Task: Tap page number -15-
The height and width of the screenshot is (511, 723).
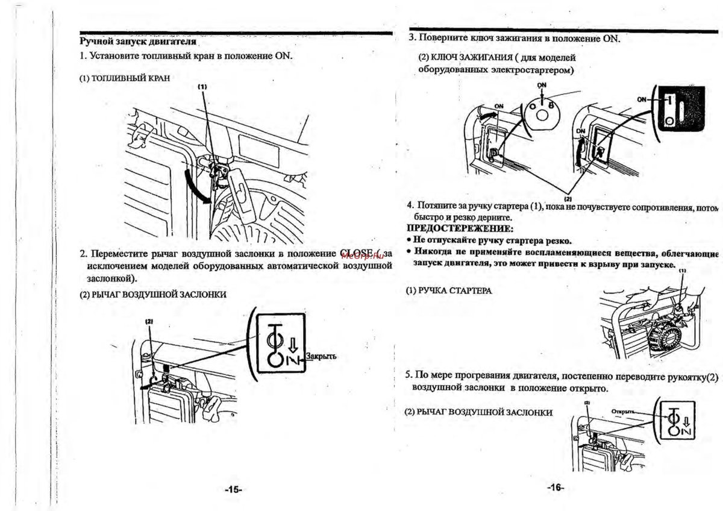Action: point(233,490)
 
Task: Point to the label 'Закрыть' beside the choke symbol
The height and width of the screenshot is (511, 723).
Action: point(321,356)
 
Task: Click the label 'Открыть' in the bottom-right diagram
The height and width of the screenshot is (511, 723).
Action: point(623,412)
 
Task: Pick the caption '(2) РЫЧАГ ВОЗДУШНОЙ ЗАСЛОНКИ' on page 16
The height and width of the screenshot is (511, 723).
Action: point(478,412)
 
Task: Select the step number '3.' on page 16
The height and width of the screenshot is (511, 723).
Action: point(413,37)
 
